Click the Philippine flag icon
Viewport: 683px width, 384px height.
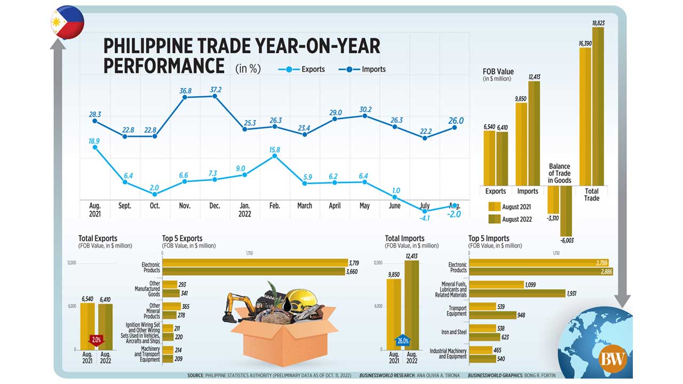(67, 22)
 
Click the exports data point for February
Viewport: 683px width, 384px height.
(274, 156)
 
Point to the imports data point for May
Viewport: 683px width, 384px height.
(364, 115)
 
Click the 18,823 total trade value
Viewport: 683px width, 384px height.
(598, 23)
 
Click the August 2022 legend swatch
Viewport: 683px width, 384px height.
(494, 219)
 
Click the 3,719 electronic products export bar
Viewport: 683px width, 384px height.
(255, 262)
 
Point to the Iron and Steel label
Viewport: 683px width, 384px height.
(454, 332)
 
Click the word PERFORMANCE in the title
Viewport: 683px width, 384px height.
(164, 66)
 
